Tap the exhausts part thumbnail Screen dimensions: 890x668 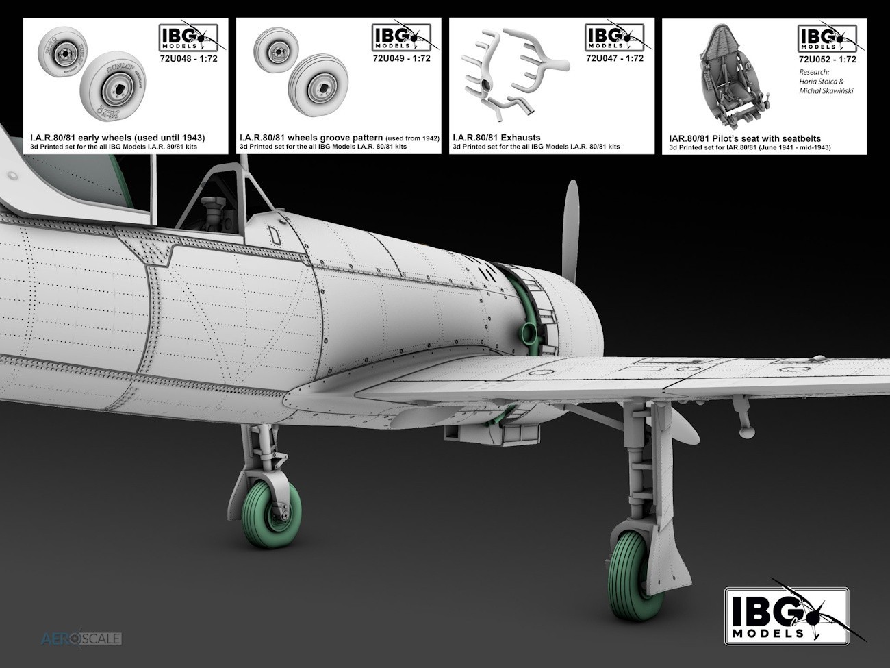coord(515,74)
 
